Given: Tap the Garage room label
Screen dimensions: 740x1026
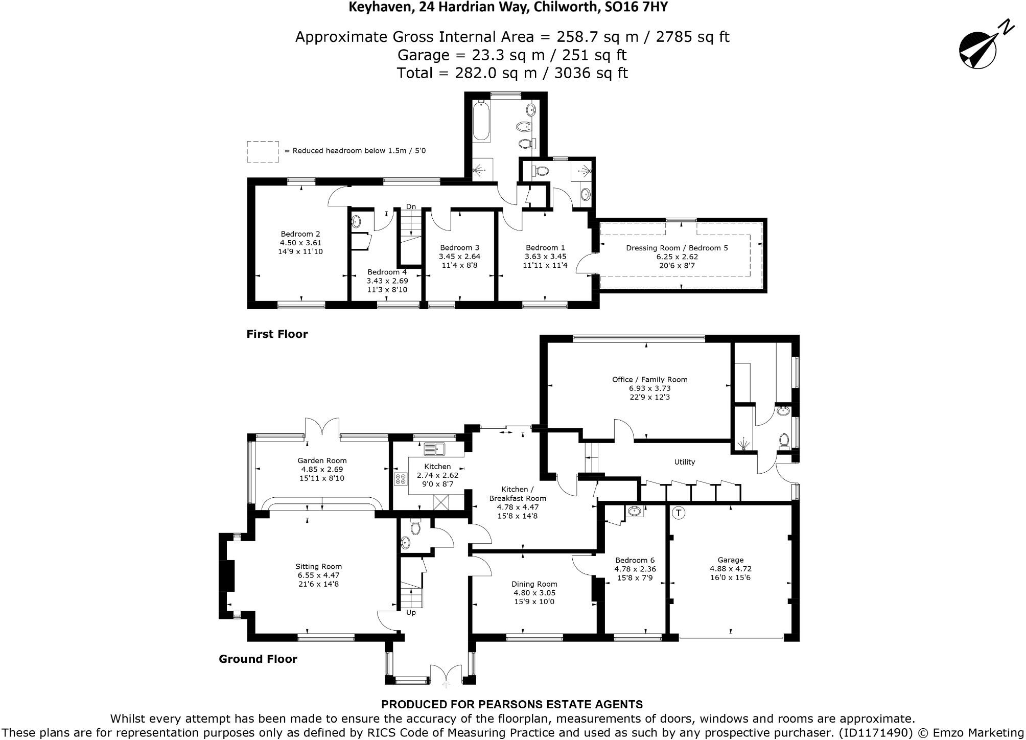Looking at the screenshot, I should tap(730, 568).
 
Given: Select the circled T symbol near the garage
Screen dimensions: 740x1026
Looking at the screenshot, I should tap(678, 513).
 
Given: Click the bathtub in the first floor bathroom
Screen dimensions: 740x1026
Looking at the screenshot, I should tap(481, 122).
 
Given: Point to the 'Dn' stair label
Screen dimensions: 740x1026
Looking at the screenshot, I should tap(411, 206).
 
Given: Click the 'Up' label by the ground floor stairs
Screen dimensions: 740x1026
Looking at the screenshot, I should tap(411, 612).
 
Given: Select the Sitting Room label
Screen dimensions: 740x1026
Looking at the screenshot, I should tap(318, 574).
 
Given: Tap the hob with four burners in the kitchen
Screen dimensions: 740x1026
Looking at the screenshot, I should tap(401, 479).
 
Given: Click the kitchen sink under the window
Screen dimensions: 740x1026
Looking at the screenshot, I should tap(435, 449).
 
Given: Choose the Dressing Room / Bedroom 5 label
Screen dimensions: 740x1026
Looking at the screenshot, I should tap(677, 257).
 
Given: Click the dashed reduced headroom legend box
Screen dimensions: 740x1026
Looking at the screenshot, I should tap(263, 152).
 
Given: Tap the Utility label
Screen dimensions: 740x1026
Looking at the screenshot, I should tap(684, 462).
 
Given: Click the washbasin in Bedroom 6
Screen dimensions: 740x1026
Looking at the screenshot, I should tap(634, 511).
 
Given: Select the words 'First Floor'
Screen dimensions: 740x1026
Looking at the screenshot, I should tap(277, 334).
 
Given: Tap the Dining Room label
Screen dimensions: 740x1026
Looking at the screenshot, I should tap(534, 592).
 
